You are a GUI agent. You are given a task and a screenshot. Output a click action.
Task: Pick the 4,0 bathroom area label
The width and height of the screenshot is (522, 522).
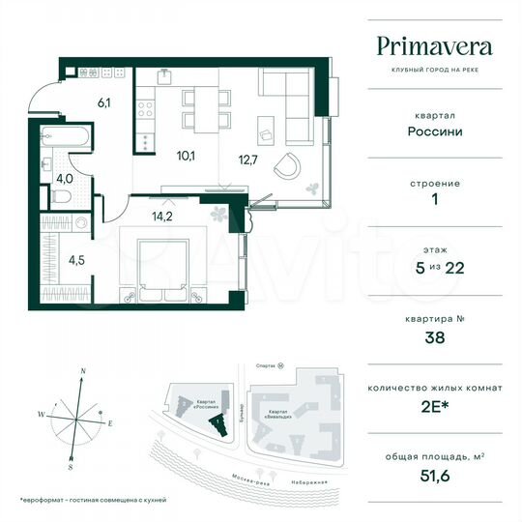click(64, 178)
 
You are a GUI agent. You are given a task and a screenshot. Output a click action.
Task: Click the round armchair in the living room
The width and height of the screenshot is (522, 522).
click(286, 166)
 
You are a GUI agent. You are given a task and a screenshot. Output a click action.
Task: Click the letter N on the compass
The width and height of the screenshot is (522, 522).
click(84, 372)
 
